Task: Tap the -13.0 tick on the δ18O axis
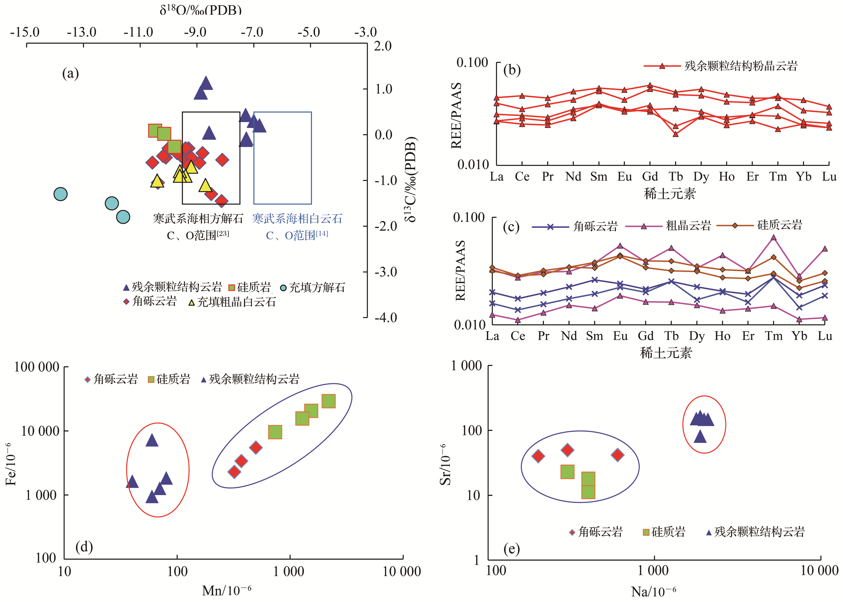pyautogui.click(x=82, y=32)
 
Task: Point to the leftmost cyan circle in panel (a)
pyautogui.click(x=61, y=194)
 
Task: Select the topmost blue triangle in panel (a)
pyautogui.click(x=206, y=83)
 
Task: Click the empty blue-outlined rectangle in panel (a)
pyautogui.click(x=282, y=158)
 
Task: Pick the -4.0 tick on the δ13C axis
pyautogui.click(x=385, y=318)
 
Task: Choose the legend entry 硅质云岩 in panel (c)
pyautogui.click(x=779, y=225)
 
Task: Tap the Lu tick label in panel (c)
pyautogui.click(x=825, y=336)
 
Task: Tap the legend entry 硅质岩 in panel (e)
pyautogui.click(x=664, y=532)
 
